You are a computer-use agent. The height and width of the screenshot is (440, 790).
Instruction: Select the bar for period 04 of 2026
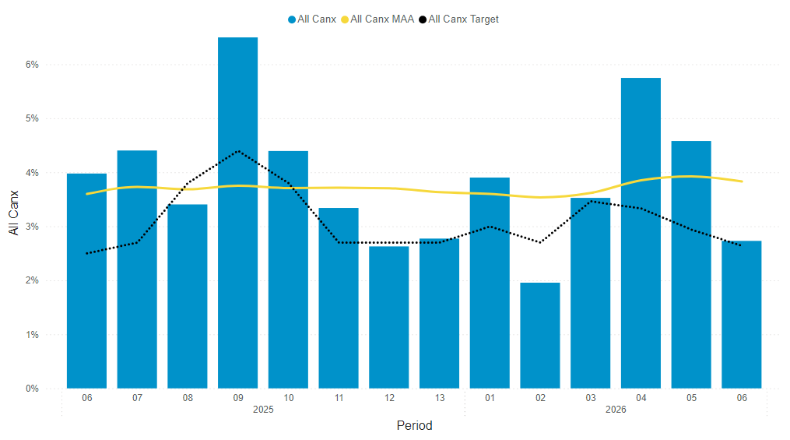click(641, 234)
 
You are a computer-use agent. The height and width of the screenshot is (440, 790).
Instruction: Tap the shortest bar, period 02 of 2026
click(540, 335)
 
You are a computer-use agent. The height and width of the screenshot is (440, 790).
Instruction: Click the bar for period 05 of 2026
click(691, 265)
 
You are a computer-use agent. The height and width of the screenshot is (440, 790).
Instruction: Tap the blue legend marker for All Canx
click(292, 19)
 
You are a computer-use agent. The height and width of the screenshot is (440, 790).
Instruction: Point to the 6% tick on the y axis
click(32, 65)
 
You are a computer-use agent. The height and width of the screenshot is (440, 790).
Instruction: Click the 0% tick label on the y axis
click(32, 389)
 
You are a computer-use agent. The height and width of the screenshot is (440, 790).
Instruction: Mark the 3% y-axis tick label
click(32, 227)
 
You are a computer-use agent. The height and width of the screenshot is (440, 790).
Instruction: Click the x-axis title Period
click(414, 425)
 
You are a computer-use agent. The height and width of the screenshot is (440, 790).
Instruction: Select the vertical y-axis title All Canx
click(13, 213)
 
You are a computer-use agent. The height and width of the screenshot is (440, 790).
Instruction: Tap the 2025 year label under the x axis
click(263, 410)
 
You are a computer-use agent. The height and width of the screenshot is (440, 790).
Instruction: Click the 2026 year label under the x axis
click(616, 410)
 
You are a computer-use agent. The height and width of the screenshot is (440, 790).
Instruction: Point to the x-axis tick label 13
click(439, 398)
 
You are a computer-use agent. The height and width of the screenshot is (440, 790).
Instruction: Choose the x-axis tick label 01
click(490, 398)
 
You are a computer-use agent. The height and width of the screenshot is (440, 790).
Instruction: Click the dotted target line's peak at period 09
click(237, 151)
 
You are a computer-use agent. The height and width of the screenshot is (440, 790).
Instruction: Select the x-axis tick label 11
click(339, 398)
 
